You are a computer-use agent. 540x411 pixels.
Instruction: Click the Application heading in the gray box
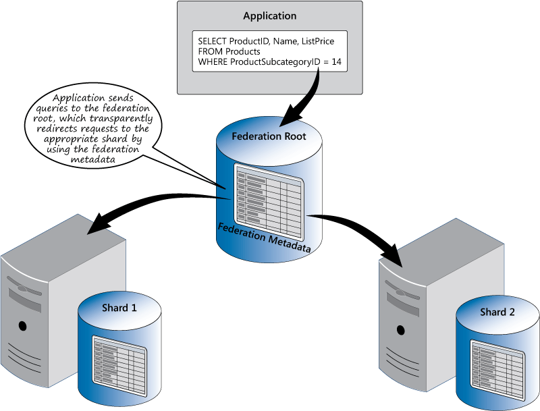(x=270, y=16)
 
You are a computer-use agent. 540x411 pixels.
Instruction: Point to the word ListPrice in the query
(x=315, y=41)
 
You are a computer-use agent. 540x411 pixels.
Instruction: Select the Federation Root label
(x=269, y=136)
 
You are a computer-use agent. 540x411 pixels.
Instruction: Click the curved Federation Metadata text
(x=264, y=237)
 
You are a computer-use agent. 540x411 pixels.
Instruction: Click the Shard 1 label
(x=119, y=308)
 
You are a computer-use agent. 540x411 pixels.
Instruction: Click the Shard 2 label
(x=497, y=312)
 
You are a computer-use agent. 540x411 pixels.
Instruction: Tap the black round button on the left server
(x=22, y=326)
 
